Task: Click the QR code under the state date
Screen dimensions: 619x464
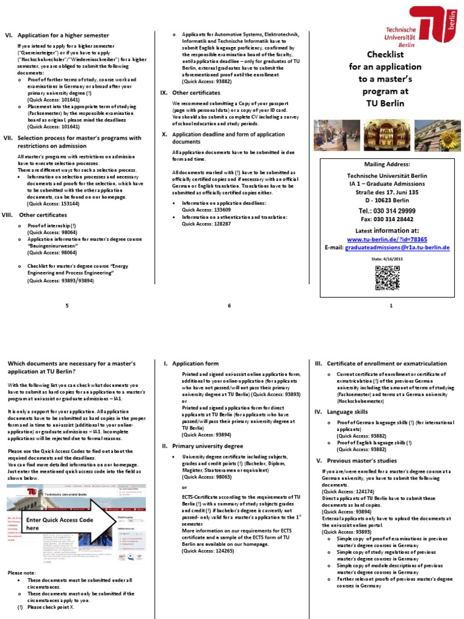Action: (387, 278)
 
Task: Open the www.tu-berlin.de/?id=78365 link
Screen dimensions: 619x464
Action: (387, 239)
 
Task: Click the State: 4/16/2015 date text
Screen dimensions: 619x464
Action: (387, 258)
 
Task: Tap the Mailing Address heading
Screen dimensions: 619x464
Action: (387, 164)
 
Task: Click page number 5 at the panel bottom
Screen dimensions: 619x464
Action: (68, 306)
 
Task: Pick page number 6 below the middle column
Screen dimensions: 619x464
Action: (229, 306)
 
